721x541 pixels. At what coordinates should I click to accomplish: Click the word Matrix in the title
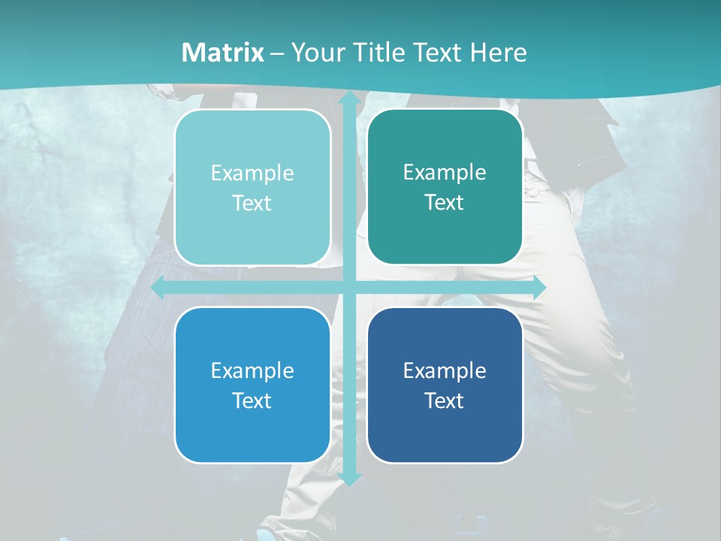pos(223,53)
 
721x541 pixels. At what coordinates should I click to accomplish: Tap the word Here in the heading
pos(498,53)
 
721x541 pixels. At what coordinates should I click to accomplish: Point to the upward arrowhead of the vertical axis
pos(348,99)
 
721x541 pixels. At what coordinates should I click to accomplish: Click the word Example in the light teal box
pos(252,174)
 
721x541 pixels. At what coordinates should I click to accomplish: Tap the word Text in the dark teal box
pos(445,203)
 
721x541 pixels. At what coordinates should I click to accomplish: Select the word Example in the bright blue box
pos(252,370)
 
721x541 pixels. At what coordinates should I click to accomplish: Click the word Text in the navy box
pos(445,400)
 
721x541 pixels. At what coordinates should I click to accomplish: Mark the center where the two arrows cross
pos(348,288)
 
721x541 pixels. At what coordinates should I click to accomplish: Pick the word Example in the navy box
pos(445,370)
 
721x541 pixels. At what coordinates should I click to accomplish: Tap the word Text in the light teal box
pos(252,204)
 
